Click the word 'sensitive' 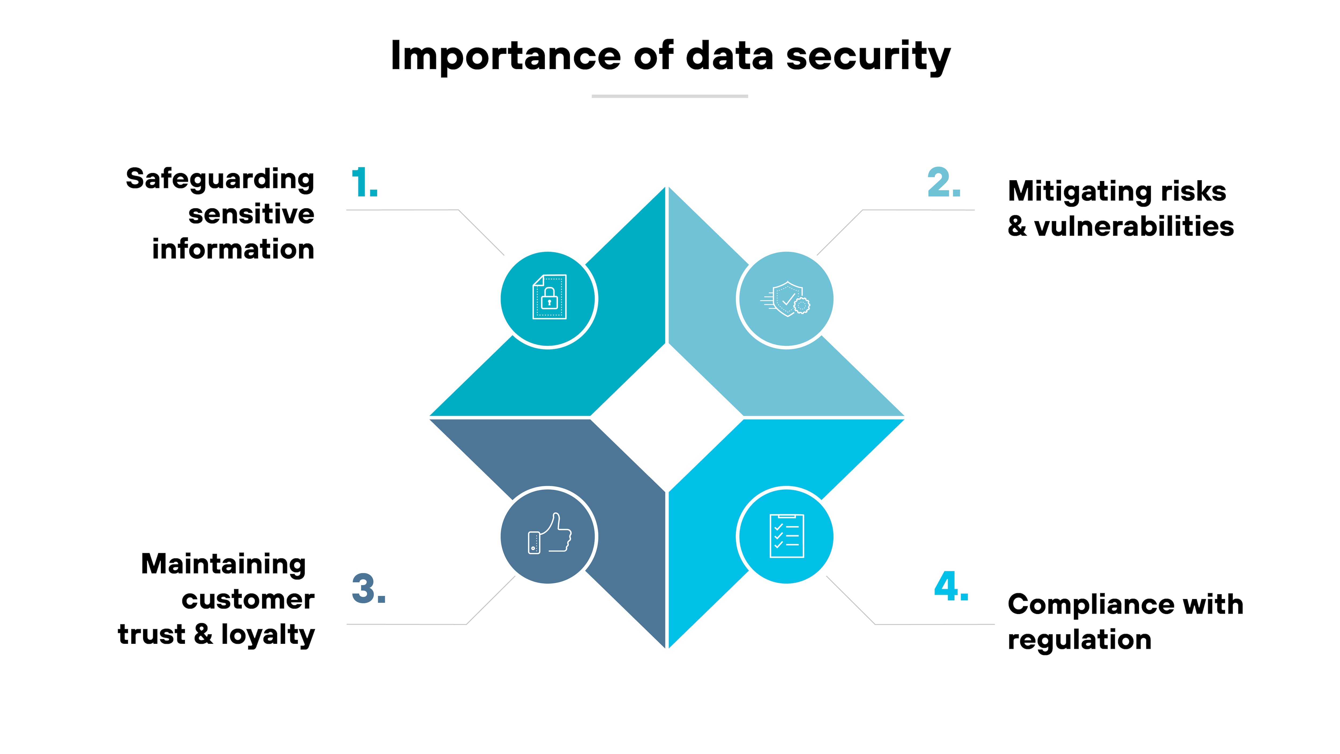(251, 215)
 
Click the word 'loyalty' (268, 635)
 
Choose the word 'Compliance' (1089, 605)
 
